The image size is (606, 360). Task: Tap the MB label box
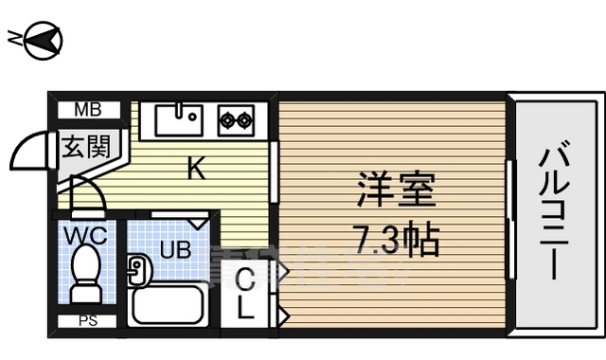[88, 110]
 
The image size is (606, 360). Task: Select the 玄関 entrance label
[86, 147]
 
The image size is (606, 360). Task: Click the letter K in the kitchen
[195, 169]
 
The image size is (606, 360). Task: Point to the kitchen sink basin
[177, 119]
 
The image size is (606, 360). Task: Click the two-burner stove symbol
[237, 119]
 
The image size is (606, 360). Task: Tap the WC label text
[85, 233]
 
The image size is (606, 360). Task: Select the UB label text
[174, 251]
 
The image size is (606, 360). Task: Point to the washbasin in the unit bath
[135, 271]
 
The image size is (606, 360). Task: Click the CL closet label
[244, 294]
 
